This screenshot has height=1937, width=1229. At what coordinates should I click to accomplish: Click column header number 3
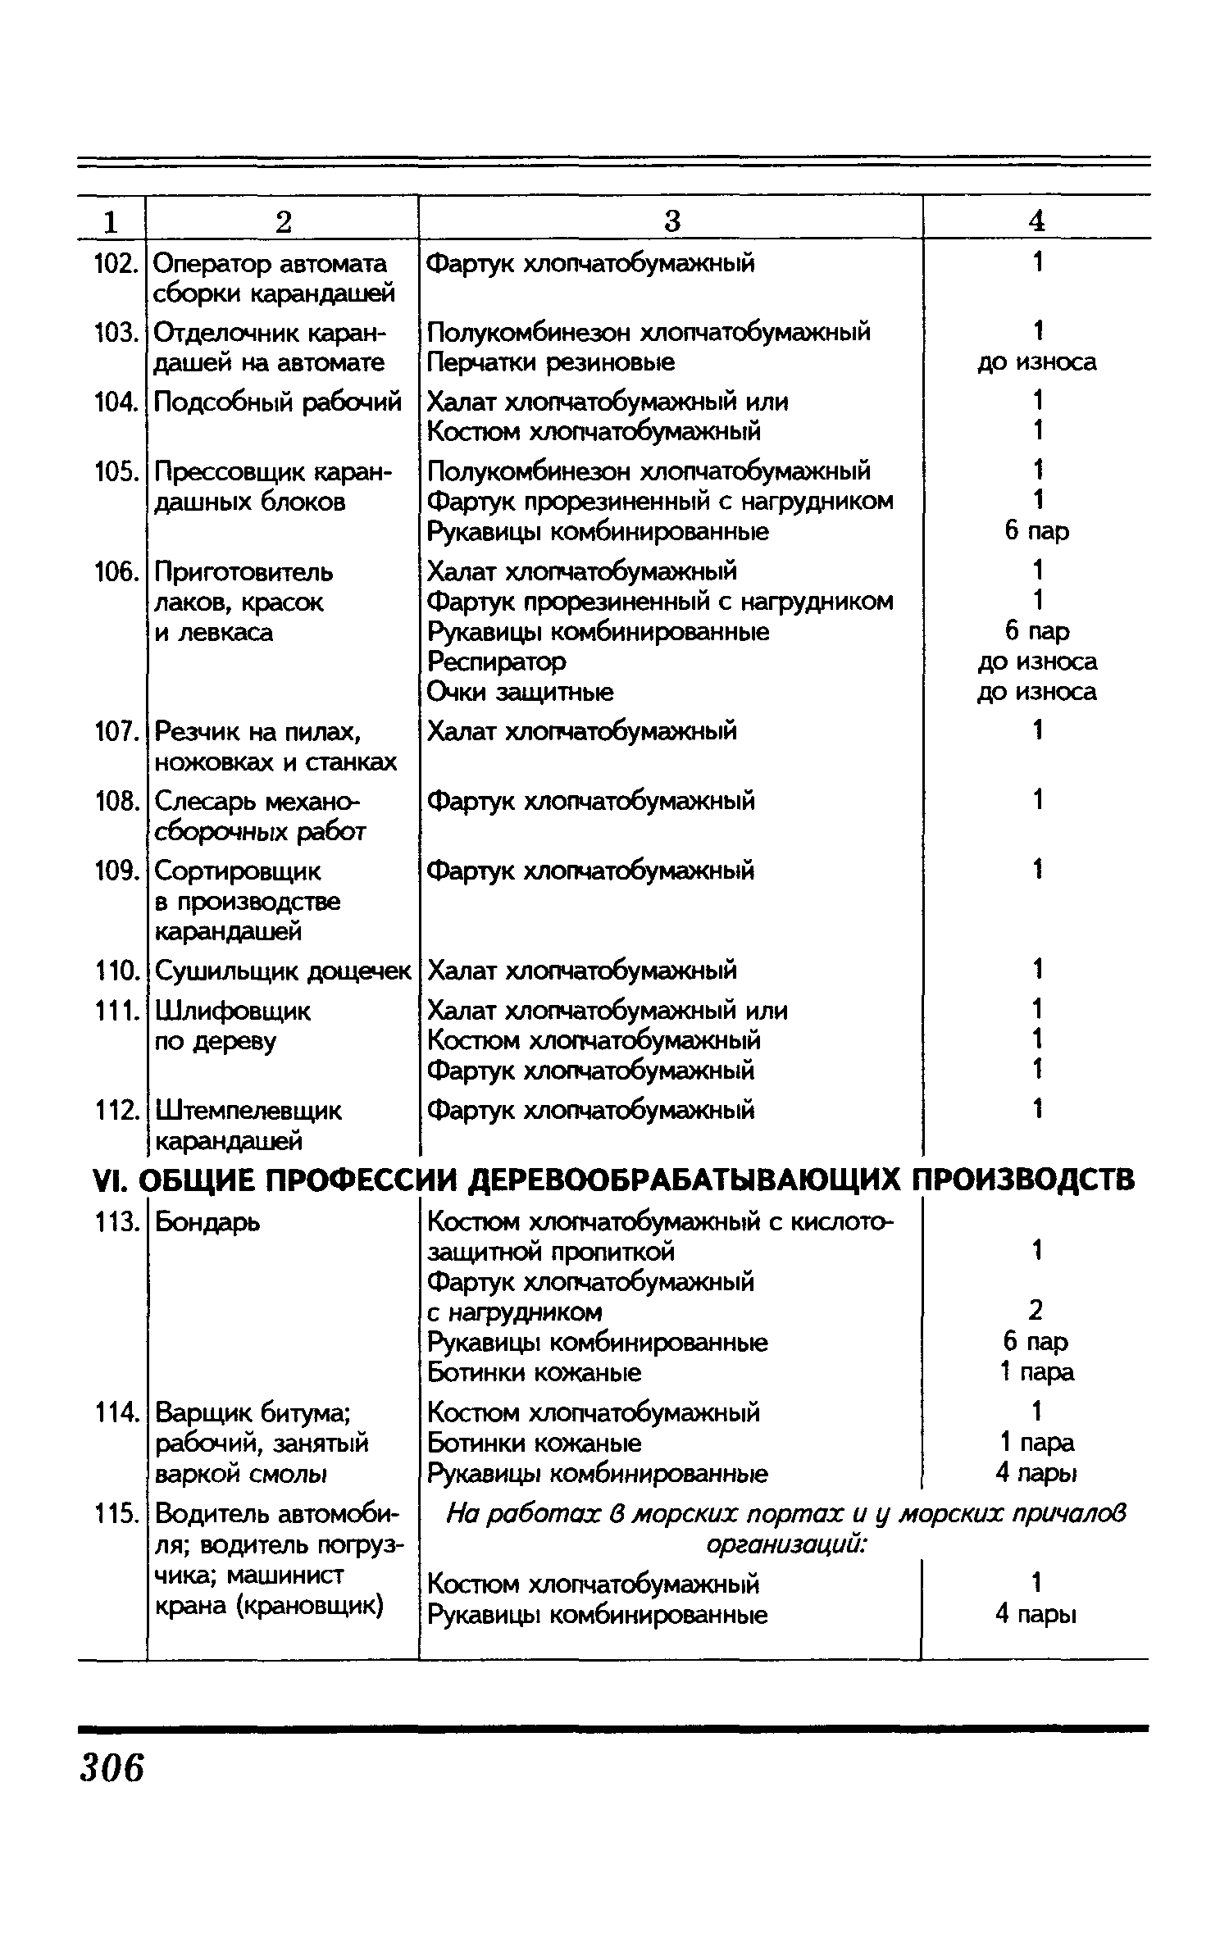(672, 221)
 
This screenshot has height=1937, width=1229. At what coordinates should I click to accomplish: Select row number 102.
(112, 264)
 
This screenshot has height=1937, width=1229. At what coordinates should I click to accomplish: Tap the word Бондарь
(208, 1222)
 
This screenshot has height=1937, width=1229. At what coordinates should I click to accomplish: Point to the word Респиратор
(497, 662)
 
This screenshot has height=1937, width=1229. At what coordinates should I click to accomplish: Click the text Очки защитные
(521, 693)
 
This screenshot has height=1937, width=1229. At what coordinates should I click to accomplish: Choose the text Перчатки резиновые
(551, 362)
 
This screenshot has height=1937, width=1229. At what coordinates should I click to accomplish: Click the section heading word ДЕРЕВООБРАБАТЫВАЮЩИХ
(685, 1180)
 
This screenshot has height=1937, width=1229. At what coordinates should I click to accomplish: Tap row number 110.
(114, 971)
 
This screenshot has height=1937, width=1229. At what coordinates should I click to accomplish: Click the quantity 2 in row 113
(1036, 1312)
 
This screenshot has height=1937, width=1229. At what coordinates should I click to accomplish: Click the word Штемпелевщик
(248, 1112)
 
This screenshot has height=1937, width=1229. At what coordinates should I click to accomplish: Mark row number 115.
(114, 1513)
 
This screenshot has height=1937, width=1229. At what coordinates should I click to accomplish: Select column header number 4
(1037, 221)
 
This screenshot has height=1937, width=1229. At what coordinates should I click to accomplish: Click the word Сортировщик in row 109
(239, 871)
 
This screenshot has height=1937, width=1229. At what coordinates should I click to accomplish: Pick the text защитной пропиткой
(552, 1253)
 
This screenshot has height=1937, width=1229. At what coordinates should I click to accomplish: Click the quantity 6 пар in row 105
(1037, 532)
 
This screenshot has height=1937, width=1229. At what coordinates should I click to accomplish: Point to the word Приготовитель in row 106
(244, 572)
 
